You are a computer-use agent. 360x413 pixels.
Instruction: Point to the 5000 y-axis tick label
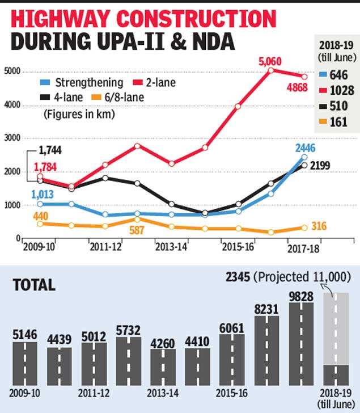12,71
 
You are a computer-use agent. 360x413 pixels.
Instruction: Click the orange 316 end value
320,227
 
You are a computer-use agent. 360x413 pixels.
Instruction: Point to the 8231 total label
266,309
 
